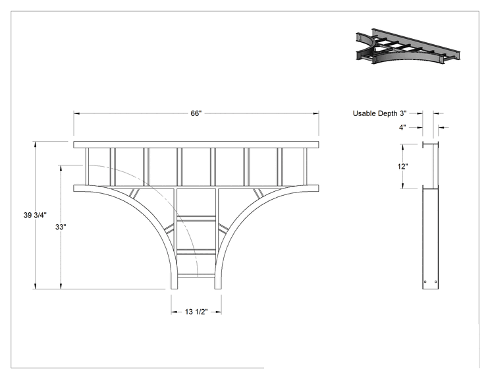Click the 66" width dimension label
pyautogui.click(x=196, y=113)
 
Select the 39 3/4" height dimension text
pyautogui.click(x=35, y=215)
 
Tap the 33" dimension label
pyautogui.click(x=61, y=227)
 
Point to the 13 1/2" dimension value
pyautogui.click(x=196, y=312)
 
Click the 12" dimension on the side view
pyautogui.click(x=402, y=166)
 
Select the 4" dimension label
pyautogui.click(x=402, y=127)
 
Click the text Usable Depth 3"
pyautogui.click(x=380, y=113)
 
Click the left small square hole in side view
pyautogui.click(x=425, y=281)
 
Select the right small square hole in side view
pyautogui.click(x=435, y=281)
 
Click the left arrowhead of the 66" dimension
pyautogui.click(x=77, y=113)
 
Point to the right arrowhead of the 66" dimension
pyautogui.click(x=315, y=113)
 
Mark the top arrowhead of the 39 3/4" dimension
pyautogui.click(x=36, y=145)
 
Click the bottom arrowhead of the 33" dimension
pyautogui.click(x=61, y=286)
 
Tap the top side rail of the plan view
pyautogui.click(x=196, y=144)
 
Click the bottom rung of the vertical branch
pyautogui.click(x=196, y=276)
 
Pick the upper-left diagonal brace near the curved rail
pyautogui.click(x=134, y=193)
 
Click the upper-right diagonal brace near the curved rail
pyautogui.click(x=258, y=193)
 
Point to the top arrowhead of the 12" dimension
pyautogui.click(x=402, y=147)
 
